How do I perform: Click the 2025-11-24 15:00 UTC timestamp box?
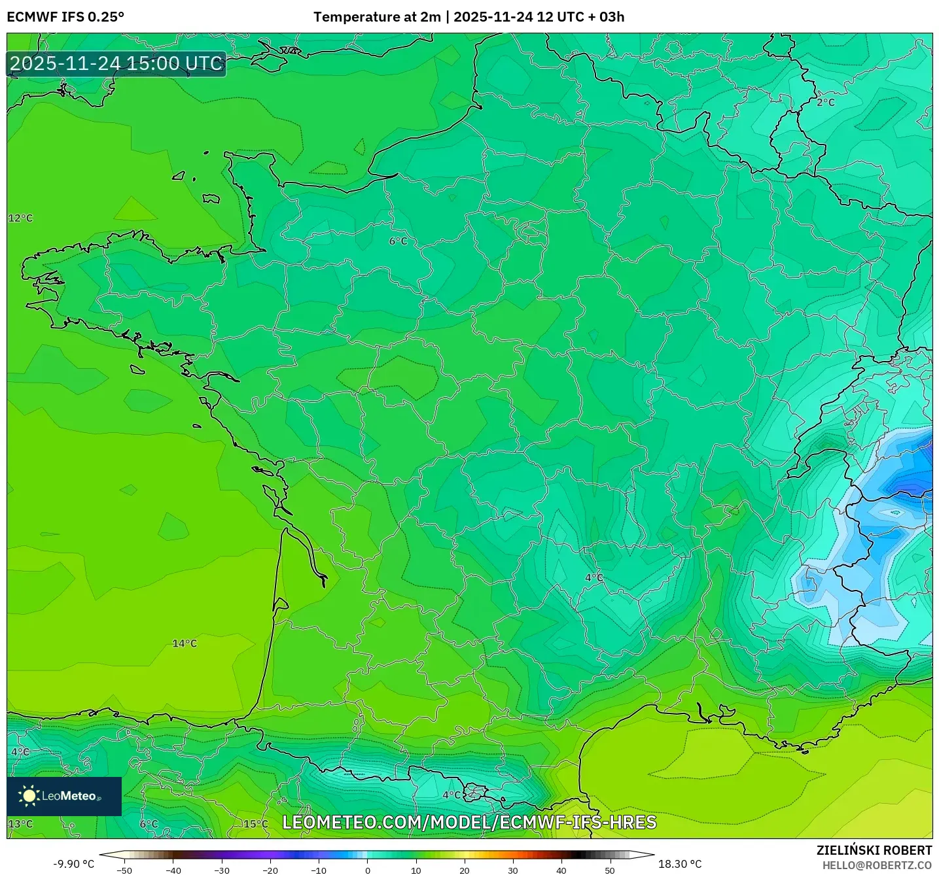(x=116, y=63)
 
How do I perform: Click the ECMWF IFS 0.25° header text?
(x=65, y=17)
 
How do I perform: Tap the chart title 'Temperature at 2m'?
(x=377, y=17)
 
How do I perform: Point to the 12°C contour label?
(x=20, y=218)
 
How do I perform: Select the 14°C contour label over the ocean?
(x=185, y=643)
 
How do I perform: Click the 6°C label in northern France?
(x=398, y=241)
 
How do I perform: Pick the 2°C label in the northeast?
(x=826, y=102)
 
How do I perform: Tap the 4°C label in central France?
(x=594, y=577)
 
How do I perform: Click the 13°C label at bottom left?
(x=20, y=823)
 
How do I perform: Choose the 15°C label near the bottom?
(x=256, y=823)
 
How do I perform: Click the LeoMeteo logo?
(x=64, y=796)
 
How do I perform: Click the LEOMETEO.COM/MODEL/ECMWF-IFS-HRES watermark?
(x=469, y=822)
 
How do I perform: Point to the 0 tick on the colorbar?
(x=368, y=870)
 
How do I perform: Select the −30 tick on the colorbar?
(x=222, y=870)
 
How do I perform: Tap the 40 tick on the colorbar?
(x=561, y=870)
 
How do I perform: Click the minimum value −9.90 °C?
(x=73, y=864)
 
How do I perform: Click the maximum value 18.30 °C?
(x=680, y=864)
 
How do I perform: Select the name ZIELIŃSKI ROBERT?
(x=874, y=850)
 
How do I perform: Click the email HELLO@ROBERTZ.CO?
(x=877, y=865)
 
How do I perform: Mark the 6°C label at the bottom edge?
(x=149, y=823)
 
